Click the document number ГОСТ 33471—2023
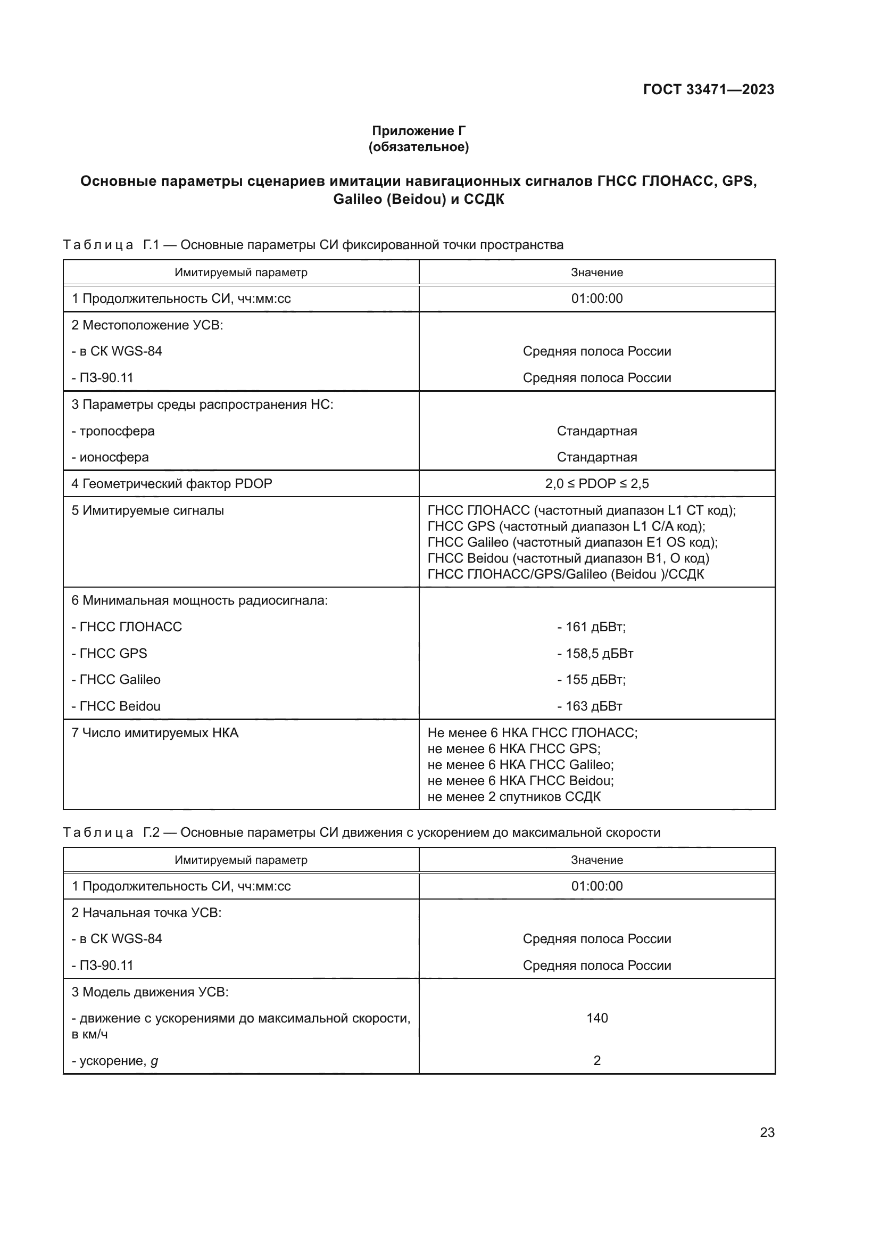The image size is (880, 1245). pos(708,89)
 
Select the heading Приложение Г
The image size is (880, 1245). pos(418,131)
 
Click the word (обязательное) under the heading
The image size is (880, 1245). pos(418,147)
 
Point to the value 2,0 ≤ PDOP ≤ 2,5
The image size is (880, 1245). pos(596,484)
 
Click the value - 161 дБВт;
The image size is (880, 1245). pos(591,627)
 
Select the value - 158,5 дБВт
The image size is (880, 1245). pos(595,654)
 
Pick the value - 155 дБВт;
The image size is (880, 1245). pos(591,679)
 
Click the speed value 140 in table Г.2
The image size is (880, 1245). pos(596,1018)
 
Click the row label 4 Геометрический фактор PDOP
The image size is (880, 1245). pos(172,484)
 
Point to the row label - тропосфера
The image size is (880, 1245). pos(113,431)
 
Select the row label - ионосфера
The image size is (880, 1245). pos(110,457)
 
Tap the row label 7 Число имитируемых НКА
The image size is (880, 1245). pos(155,733)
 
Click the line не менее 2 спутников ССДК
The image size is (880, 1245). pos(514,797)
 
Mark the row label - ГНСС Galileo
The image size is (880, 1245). pos(116,679)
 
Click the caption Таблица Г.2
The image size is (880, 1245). pos(361,832)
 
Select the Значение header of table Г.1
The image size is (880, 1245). pos(596,272)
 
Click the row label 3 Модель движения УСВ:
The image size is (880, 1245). pos(150,992)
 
